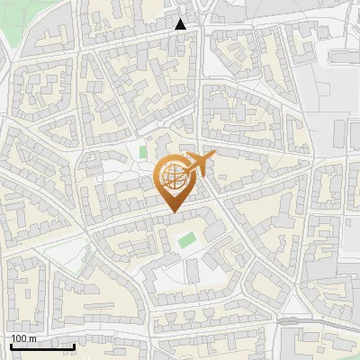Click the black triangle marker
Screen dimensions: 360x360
[x=181, y=24]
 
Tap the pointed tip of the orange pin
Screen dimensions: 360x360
[x=172, y=211]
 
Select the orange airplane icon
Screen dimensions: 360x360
[x=199, y=165]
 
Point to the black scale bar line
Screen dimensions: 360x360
[x=42, y=346]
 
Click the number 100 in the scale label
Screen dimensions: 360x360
[x=19, y=338]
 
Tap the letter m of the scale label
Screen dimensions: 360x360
[x=32, y=338]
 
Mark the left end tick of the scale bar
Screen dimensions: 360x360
[x=11, y=346]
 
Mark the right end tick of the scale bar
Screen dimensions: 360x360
[x=74, y=346]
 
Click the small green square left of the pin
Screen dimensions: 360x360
[x=143, y=151]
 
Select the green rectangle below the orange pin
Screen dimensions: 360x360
[x=186, y=240]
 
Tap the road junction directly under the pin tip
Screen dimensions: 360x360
[x=174, y=215]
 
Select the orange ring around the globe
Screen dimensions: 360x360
[x=160, y=176]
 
